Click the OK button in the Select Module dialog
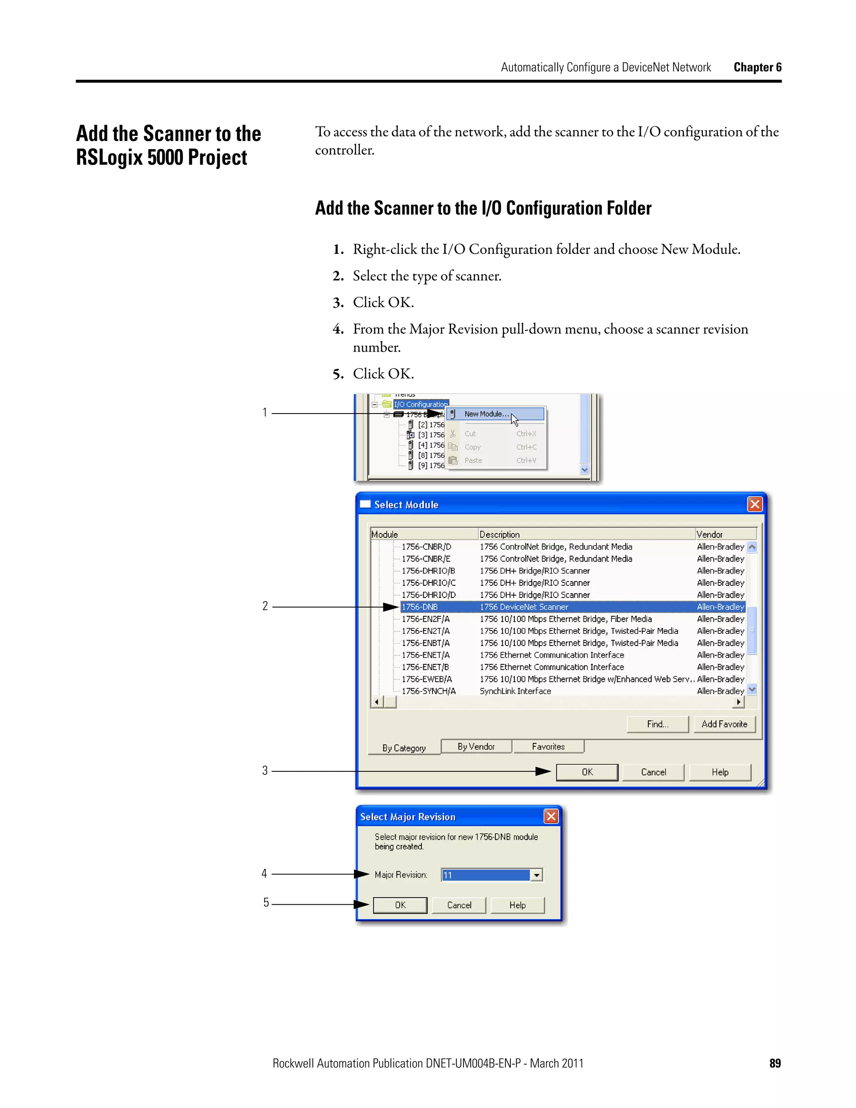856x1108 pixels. pos(587,772)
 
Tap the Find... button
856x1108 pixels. pos(657,724)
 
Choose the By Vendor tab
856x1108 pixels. pos(476,747)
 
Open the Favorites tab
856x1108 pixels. pos(548,747)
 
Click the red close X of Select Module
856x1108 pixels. pos(754,504)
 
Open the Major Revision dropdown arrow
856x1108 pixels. pos(536,875)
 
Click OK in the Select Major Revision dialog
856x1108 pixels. pos(400,905)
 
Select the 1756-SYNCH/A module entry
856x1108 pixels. pos(428,691)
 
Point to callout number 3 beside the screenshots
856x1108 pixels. pos(265,771)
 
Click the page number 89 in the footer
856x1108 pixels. pos(774,1063)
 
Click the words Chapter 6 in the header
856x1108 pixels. pos(757,67)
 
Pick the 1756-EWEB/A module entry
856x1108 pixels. pos(426,679)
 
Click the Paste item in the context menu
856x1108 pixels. pos(473,461)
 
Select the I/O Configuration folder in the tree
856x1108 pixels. pos(420,404)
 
